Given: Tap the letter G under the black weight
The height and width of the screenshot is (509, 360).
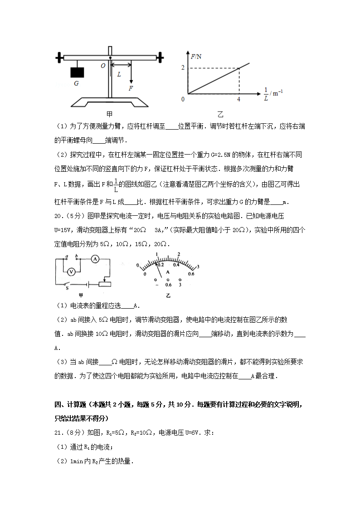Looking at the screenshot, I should click(76, 83).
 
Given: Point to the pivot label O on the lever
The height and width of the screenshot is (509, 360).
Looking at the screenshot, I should click(103, 66).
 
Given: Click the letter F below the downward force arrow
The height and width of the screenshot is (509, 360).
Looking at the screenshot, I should click(131, 88).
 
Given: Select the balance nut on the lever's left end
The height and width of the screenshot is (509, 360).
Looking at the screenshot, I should click(58, 58).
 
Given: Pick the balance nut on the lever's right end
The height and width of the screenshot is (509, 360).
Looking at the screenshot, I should click(161, 57).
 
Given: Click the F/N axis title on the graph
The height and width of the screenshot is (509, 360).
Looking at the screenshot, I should click(196, 56).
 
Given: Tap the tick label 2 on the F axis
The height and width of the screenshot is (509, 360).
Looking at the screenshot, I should click(183, 68).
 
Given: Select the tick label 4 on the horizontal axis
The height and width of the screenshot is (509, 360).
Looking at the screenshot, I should click(238, 99).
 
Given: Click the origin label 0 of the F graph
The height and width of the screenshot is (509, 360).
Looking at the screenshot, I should click(183, 99).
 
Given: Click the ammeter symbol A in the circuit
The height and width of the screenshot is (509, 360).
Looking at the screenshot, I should click(95, 259).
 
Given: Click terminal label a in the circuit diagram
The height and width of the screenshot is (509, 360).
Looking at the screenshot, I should click(68, 257).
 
